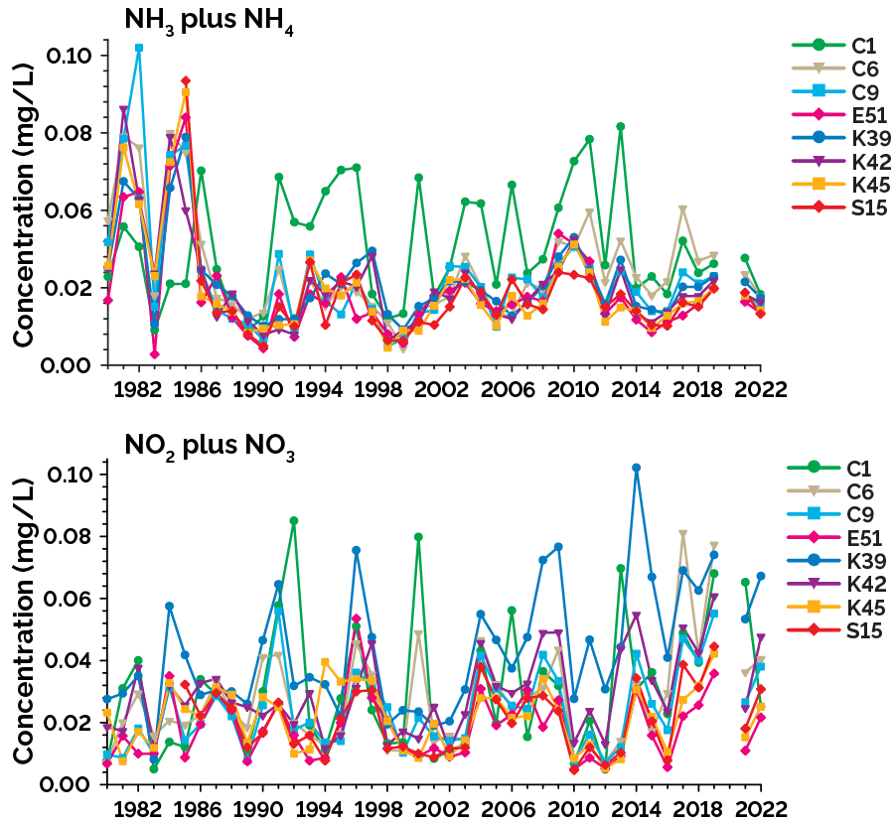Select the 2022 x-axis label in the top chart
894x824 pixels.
click(x=761, y=388)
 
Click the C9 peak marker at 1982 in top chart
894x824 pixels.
click(x=139, y=48)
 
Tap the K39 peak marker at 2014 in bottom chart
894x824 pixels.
click(x=636, y=468)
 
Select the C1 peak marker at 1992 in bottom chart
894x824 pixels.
click(x=294, y=520)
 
